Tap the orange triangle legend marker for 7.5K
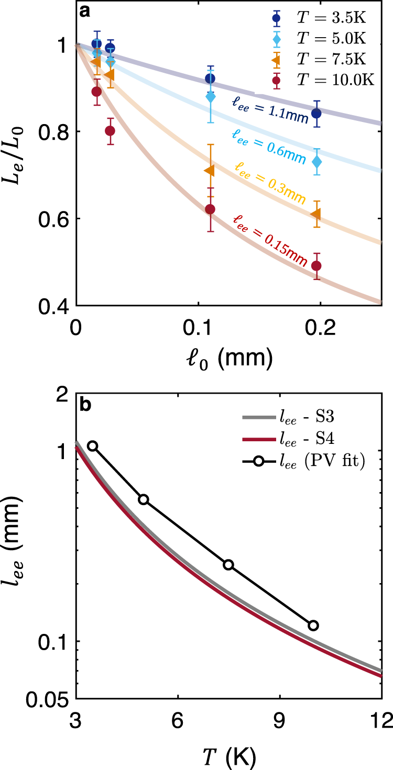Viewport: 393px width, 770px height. click(x=277, y=60)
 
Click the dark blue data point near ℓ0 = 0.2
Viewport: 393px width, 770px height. click(x=316, y=113)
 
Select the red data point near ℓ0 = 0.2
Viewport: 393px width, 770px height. click(x=316, y=266)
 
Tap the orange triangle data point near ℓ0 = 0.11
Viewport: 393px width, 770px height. click(x=209, y=171)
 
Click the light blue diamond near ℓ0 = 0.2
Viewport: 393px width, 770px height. click(x=316, y=162)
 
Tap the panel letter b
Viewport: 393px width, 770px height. click(x=85, y=404)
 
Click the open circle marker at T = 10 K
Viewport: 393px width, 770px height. click(x=313, y=625)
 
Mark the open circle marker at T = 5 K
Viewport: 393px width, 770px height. click(x=144, y=499)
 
